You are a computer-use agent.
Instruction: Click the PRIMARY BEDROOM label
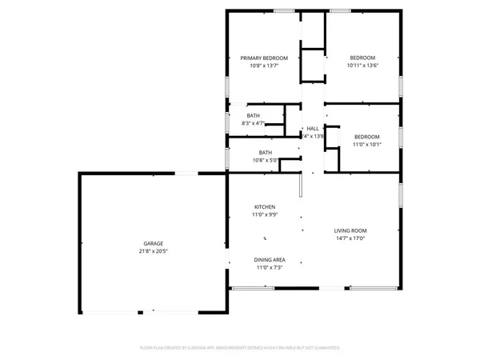[264, 58]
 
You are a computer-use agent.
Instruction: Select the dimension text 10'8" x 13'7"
[264, 66]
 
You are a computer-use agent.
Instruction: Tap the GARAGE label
[154, 243]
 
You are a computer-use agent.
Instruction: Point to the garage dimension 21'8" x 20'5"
[154, 251]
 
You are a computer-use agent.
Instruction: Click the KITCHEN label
[265, 206]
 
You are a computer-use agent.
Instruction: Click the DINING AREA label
[270, 260]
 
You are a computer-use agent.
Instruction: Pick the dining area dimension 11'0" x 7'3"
[270, 268]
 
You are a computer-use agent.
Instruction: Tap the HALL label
[312, 129]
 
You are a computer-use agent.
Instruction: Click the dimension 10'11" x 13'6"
[362, 66]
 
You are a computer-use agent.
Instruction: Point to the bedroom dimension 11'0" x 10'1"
[367, 145]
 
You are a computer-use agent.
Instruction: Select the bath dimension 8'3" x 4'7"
[253, 123]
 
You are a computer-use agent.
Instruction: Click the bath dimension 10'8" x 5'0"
[265, 160]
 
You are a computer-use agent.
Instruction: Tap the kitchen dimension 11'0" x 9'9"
[265, 214]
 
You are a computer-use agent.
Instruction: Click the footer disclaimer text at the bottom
[240, 348]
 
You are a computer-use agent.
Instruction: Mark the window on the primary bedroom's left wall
[227, 85]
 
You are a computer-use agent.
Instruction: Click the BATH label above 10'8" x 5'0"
[265, 152]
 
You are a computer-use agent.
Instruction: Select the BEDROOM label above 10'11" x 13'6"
[362, 58]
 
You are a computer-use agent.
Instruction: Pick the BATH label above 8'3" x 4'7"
[253, 115]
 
